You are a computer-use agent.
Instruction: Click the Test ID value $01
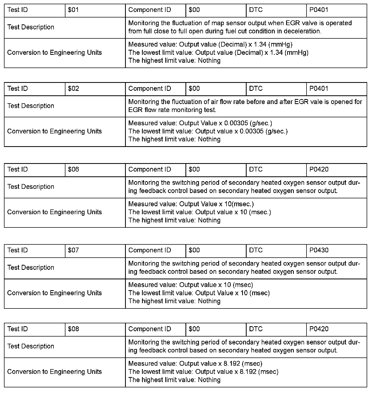click(x=73, y=10)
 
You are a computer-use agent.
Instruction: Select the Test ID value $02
click(x=73, y=89)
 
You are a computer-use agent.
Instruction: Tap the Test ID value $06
click(x=73, y=169)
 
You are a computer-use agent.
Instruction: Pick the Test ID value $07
click(x=73, y=250)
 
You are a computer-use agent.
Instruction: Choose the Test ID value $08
click(x=73, y=329)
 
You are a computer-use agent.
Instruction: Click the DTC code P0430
click(x=319, y=250)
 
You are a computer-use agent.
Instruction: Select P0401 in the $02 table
click(x=319, y=89)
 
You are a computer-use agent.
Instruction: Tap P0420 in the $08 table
click(x=319, y=329)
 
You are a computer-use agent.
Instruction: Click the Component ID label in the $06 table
click(x=150, y=169)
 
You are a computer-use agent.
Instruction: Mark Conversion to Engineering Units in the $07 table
click(x=55, y=293)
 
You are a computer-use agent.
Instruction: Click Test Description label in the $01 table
click(x=31, y=27)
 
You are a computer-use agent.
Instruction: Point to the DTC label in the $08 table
click(x=256, y=329)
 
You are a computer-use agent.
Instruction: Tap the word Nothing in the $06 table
click(x=209, y=220)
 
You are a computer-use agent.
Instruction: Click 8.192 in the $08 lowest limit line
click(x=248, y=372)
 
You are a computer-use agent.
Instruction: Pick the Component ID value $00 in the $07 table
click(x=194, y=250)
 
